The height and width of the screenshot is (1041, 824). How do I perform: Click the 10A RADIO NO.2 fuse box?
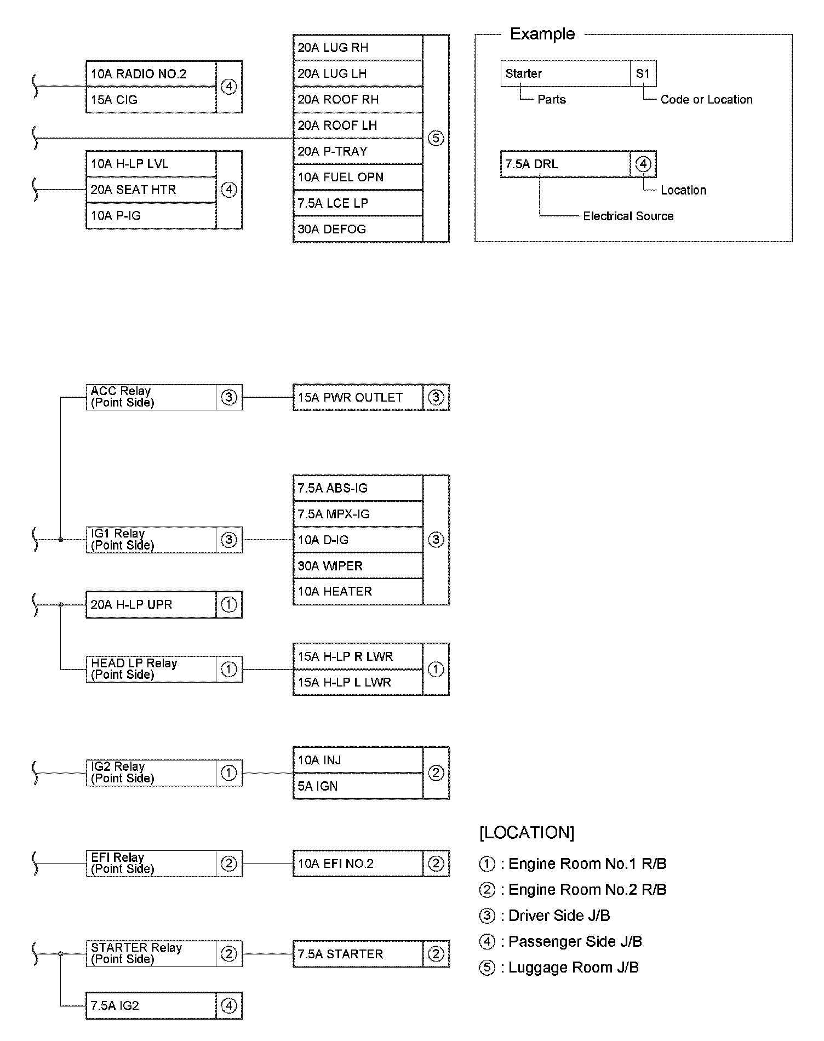pos(151,74)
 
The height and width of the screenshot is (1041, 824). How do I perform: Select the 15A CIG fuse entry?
pos(151,100)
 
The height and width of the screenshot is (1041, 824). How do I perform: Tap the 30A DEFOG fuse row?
pos(358,229)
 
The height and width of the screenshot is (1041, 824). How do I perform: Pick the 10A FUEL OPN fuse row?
pos(358,178)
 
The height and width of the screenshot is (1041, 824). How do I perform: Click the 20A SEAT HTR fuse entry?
pos(151,190)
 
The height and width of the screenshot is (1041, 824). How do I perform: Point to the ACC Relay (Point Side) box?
pos(151,397)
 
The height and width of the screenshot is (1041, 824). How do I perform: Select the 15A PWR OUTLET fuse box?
pos(358,397)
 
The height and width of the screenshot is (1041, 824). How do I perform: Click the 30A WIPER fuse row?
pos(358,565)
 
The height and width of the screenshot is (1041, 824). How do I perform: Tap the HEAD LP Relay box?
pos(151,669)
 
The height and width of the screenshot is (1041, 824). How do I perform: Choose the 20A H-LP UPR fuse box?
pos(151,604)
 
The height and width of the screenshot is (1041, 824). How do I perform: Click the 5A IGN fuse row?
pos(358,786)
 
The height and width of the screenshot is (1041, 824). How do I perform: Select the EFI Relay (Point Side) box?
pos(151,863)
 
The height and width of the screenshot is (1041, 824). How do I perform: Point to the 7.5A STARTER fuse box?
pos(358,954)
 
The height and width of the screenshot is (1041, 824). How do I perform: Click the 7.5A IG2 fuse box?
pos(151,1005)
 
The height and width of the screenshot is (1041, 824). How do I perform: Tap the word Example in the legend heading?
pos(542,34)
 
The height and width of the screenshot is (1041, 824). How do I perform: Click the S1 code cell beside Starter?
pos(643,73)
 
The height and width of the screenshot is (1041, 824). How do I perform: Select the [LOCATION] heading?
pos(527,833)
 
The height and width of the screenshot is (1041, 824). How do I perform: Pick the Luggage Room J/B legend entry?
pos(573,967)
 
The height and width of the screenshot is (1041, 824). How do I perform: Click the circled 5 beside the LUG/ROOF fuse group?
pos(436,138)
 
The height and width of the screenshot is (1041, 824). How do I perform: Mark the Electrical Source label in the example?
pos(628,216)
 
